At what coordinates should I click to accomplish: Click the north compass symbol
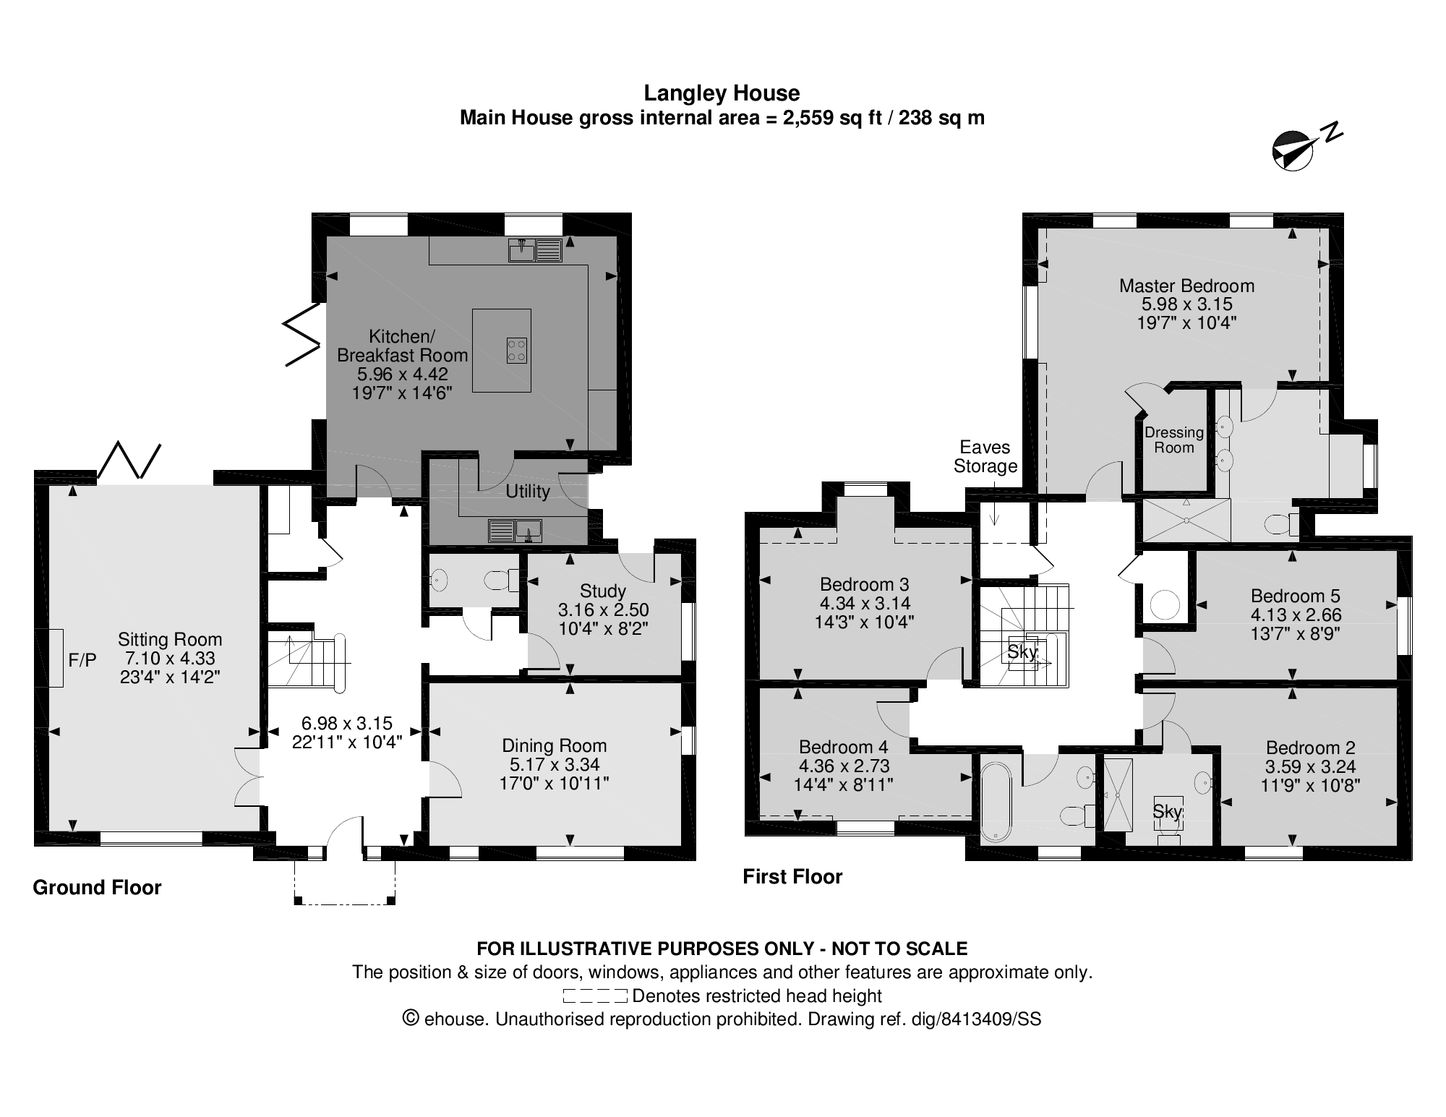(x=1294, y=151)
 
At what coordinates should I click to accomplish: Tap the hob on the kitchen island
(x=516, y=351)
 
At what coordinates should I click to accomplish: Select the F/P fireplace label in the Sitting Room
(x=82, y=659)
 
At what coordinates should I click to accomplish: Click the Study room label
(x=603, y=591)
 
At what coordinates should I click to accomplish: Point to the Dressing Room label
(x=1173, y=440)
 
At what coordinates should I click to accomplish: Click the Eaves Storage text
(x=985, y=456)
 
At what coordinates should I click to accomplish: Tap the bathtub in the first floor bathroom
(x=996, y=799)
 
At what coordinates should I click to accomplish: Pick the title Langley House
(x=722, y=93)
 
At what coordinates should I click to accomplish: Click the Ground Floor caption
(x=97, y=887)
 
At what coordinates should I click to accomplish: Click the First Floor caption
(x=792, y=876)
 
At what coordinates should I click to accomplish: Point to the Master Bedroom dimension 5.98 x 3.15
(x=1186, y=304)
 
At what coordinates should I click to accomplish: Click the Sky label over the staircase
(x=1022, y=651)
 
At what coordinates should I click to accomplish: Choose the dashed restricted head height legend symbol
(x=594, y=996)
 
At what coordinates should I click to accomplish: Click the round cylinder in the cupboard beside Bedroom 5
(x=1165, y=604)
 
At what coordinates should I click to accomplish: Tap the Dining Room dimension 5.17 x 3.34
(x=554, y=764)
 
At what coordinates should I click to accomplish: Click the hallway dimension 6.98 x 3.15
(x=346, y=722)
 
